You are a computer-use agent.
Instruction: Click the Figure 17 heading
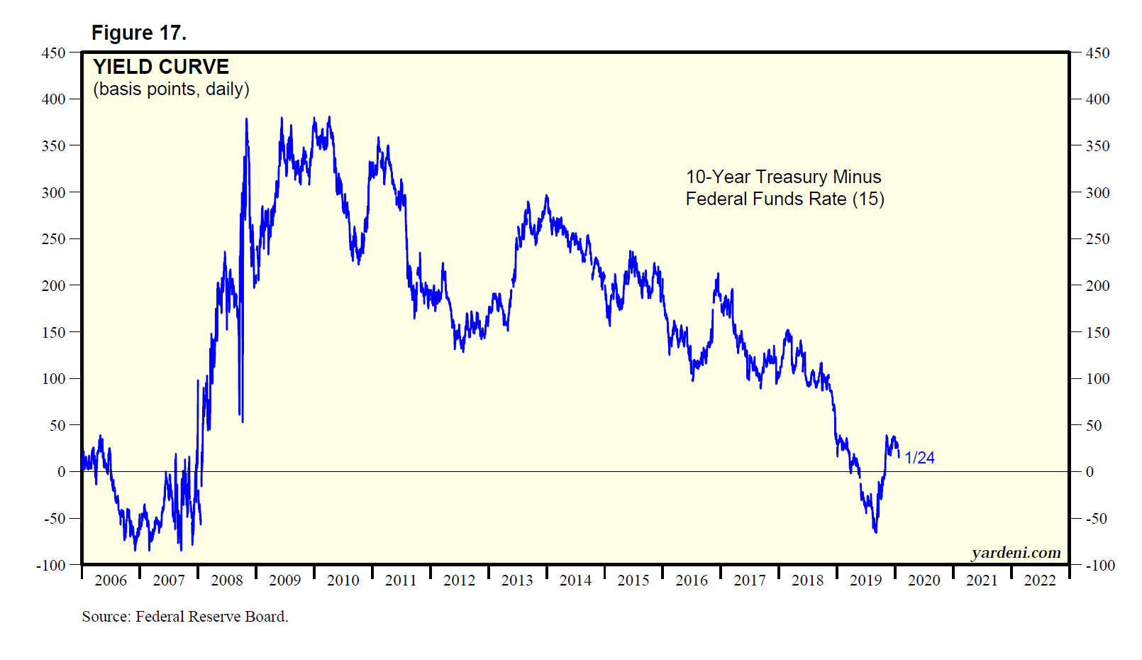click(x=139, y=33)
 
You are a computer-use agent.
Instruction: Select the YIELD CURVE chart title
click(x=161, y=67)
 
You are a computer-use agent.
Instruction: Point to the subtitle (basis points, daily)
click(x=171, y=89)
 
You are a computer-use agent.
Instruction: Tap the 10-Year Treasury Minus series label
click(x=783, y=177)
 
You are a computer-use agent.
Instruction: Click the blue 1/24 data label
click(x=919, y=458)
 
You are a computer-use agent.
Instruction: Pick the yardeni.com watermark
click(x=1016, y=553)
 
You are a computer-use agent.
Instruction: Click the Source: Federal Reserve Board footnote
click(x=184, y=617)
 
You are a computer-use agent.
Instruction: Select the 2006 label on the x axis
click(x=111, y=581)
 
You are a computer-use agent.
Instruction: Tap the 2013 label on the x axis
click(x=517, y=581)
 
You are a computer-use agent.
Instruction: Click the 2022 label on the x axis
click(x=1040, y=581)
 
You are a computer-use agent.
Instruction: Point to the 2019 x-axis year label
click(x=865, y=581)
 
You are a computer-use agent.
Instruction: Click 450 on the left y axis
click(x=53, y=53)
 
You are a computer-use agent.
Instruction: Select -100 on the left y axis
click(x=51, y=566)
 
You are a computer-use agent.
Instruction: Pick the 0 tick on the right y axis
click(x=1090, y=472)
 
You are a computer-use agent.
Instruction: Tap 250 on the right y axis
click(x=1097, y=239)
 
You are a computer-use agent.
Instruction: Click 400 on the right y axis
click(x=1097, y=99)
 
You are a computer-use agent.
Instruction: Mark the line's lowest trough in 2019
click(x=876, y=532)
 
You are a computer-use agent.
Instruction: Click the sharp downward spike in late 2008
click(x=242, y=420)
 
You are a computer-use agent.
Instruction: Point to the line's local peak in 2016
click(x=718, y=274)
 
